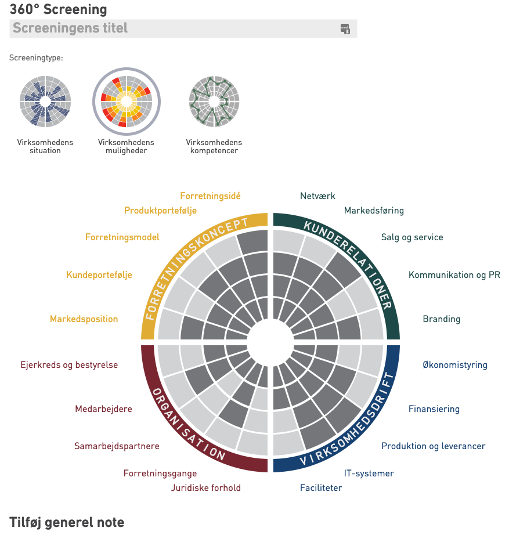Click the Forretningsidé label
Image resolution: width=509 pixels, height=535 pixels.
tap(210, 196)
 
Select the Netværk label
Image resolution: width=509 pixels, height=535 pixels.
tap(317, 196)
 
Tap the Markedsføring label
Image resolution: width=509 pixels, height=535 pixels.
tap(374, 210)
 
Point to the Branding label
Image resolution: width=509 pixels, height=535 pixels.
tap(441, 319)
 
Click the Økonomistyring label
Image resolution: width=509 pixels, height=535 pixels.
tap(455, 365)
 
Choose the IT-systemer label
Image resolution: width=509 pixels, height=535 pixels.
tap(369, 473)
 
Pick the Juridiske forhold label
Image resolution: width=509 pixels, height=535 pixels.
tap(205, 487)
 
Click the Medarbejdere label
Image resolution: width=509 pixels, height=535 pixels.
tap(103, 409)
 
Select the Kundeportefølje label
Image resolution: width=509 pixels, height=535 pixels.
tap(99, 274)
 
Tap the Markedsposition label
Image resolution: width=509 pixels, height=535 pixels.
tap(84, 319)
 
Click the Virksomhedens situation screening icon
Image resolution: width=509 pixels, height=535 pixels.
tap(45, 102)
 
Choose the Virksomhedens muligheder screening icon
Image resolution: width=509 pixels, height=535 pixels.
tap(126, 102)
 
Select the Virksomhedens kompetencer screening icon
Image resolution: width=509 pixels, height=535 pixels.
tap(214, 102)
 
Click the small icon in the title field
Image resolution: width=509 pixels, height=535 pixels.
tap(345, 28)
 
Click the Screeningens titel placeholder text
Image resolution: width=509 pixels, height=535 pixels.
tap(70, 28)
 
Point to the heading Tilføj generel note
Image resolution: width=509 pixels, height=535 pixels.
tap(67, 522)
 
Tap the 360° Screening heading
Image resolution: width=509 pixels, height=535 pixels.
tap(58, 9)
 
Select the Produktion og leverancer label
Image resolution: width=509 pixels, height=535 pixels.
tap(433, 446)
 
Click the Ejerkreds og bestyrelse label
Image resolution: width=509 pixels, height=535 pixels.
tap(69, 365)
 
